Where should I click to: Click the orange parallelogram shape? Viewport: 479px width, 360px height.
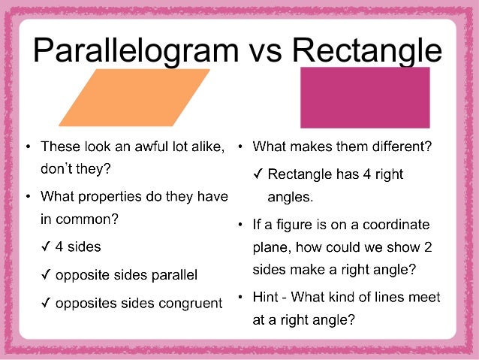(134, 97)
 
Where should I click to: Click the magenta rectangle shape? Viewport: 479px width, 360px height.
(365, 97)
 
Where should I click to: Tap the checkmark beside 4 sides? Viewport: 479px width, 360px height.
(46, 246)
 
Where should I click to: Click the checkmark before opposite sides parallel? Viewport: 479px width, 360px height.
(46, 275)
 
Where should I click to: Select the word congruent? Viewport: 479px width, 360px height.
(192, 304)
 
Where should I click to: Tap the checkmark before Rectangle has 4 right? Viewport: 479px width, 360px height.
(258, 174)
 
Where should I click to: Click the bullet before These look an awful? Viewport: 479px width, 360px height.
(28, 147)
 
